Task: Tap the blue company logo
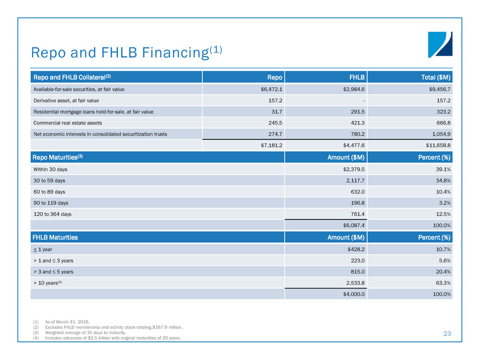pyautogui.click(x=440, y=44)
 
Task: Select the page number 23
pyautogui.click(x=447, y=333)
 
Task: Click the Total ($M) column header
pyautogui.click(x=432, y=77)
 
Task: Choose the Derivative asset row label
pyautogui.click(x=64, y=100)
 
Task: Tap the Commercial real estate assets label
pyautogui.click(x=68, y=123)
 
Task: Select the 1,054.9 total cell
pyautogui.click(x=440, y=134)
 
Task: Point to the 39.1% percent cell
pyautogui.click(x=442, y=169)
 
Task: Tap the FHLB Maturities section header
pyautogui.click(x=56, y=237)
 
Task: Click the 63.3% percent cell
pyautogui.click(x=442, y=282)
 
